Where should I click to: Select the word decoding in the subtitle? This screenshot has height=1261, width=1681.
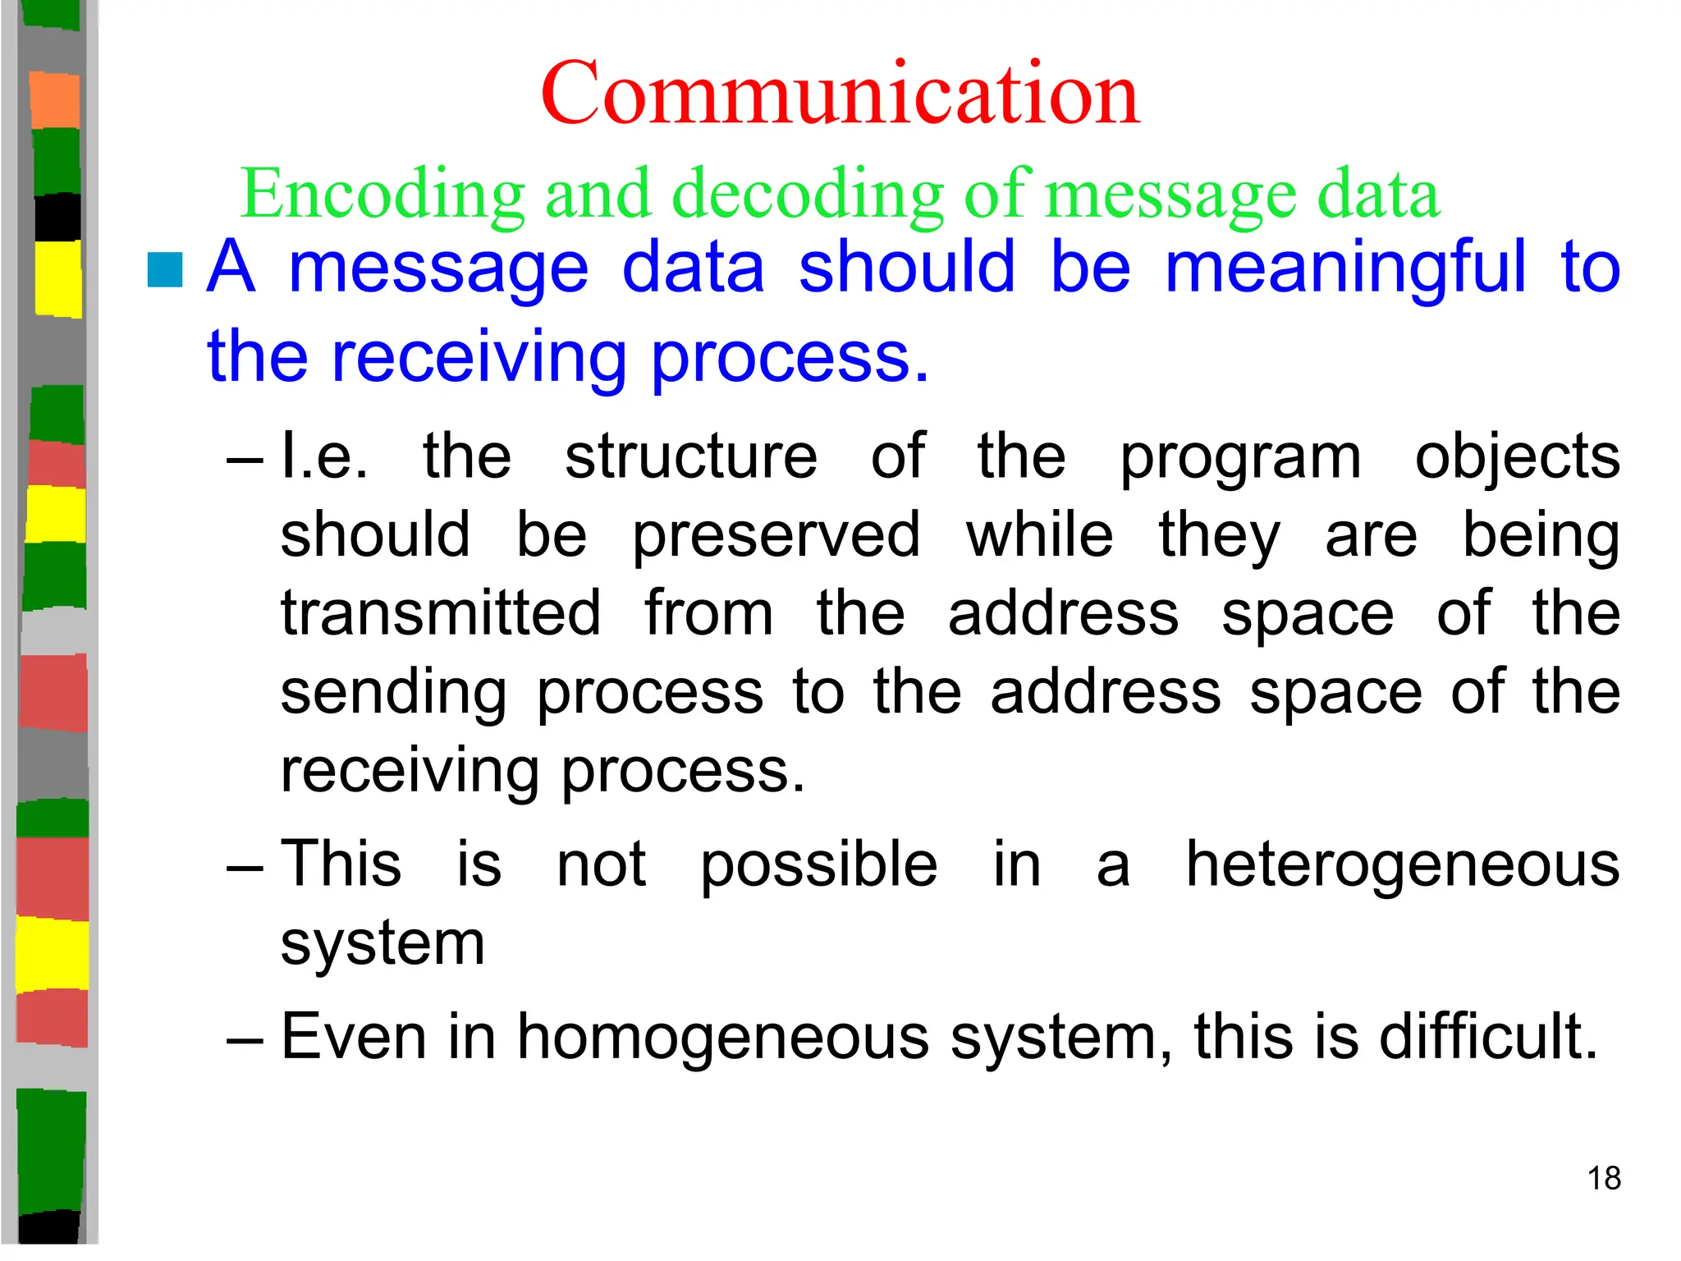coord(808,195)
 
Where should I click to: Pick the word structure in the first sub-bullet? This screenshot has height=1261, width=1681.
coord(691,456)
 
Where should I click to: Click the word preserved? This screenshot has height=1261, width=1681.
coord(776,535)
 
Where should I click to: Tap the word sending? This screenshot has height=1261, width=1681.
coord(394,692)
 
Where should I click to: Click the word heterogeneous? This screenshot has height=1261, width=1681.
coord(1403,864)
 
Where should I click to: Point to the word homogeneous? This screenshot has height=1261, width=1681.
coord(723,1036)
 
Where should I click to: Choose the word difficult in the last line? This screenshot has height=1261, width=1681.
coord(1488,1036)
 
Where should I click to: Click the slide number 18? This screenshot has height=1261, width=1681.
coord(1604,1178)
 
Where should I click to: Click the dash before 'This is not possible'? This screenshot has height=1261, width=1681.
coord(245,868)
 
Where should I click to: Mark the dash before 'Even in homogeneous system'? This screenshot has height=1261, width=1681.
coord(245,1040)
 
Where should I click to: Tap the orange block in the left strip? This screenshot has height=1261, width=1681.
coord(55,100)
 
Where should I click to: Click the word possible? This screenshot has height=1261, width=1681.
coord(818,864)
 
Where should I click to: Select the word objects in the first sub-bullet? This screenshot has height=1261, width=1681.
coord(1518,456)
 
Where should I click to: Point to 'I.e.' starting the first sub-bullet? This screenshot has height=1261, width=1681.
coord(324,456)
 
